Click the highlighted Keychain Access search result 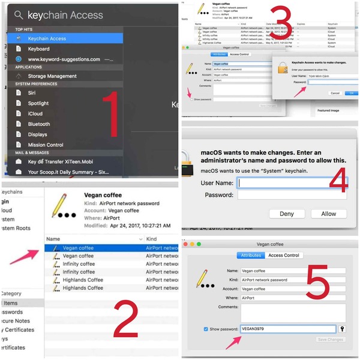(47, 38)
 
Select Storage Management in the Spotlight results (52, 76)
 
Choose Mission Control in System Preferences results (46, 145)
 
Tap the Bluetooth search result (39, 124)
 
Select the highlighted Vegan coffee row (78, 248)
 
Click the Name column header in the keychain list (53, 239)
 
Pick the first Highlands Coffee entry (82, 280)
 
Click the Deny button (287, 214)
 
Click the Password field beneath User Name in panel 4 (283, 195)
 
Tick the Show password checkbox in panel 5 (206, 329)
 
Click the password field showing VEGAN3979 (287, 329)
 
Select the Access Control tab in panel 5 (284, 255)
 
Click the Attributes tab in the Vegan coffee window (251, 255)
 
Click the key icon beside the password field (343, 329)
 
